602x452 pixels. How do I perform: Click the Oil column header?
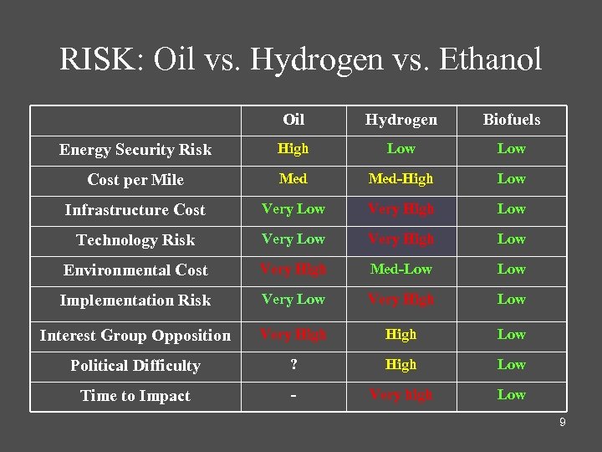click(x=293, y=119)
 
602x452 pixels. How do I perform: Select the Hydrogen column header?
click(x=400, y=120)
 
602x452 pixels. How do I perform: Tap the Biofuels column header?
click(x=511, y=120)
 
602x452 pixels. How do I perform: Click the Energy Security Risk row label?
click(x=135, y=150)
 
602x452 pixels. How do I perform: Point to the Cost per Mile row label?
click(x=135, y=180)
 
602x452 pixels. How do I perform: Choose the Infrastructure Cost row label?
click(x=135, y=210)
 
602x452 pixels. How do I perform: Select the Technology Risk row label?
click(x=135, y=240)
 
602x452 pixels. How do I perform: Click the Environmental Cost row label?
click(x=135, y=270)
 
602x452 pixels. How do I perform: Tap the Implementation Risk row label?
click(x=135, y=300)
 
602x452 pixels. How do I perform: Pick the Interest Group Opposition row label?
click(x=135, y=336)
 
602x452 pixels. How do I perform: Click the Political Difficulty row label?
click(x=135, y=366)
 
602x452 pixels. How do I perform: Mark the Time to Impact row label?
click(x=135, y=396)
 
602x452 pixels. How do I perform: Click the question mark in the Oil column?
click(x=293, y=365)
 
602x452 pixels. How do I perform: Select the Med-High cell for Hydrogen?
click(x=400, y=179)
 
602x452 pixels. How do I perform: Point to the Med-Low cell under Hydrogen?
click(x=400, y=270)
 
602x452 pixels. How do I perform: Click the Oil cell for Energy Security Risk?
click(x=293, y=149)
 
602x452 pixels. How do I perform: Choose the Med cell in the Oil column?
click(x=293, y=179)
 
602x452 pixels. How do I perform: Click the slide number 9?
click(x=563, y=423)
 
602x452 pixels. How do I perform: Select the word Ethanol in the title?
click(x=491, y=59)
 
